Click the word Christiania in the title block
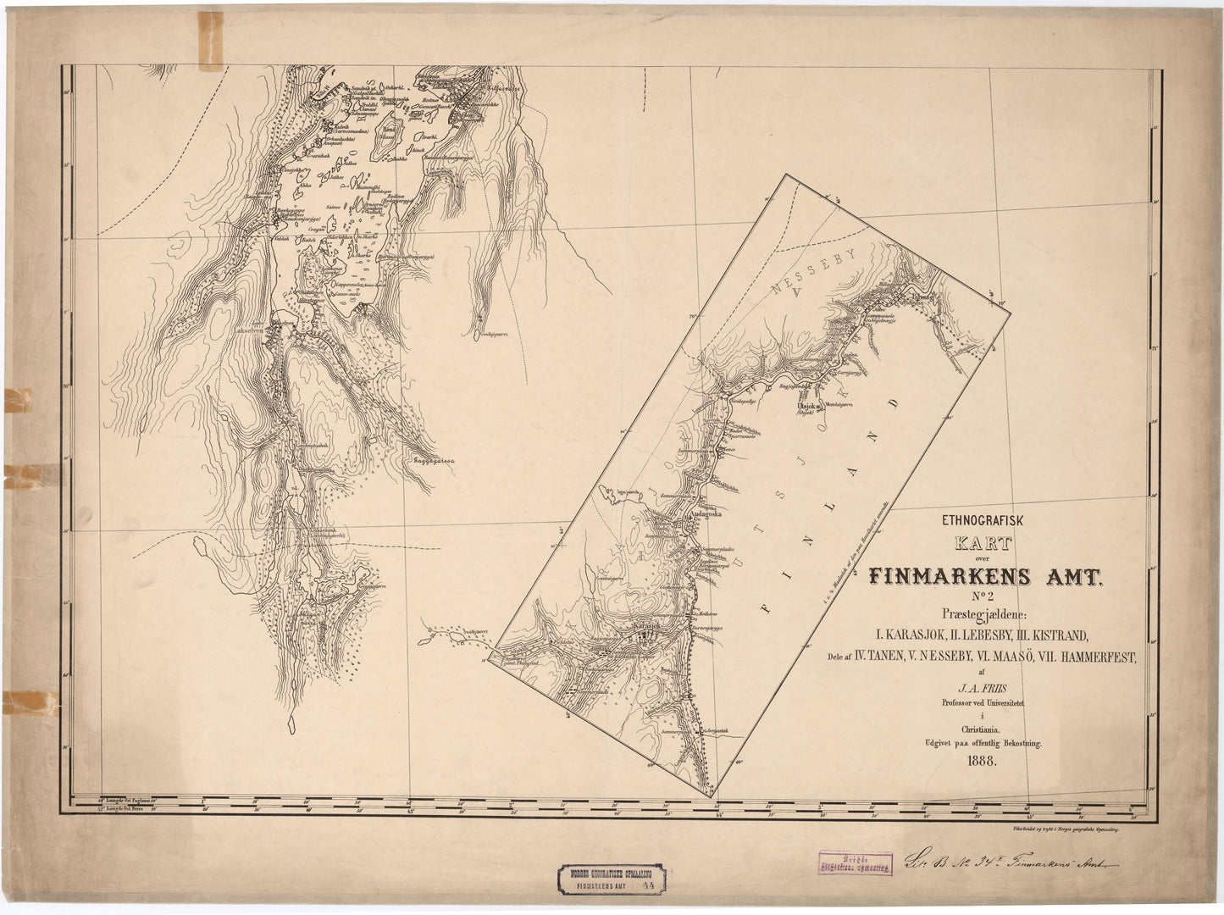click(981, 729)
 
